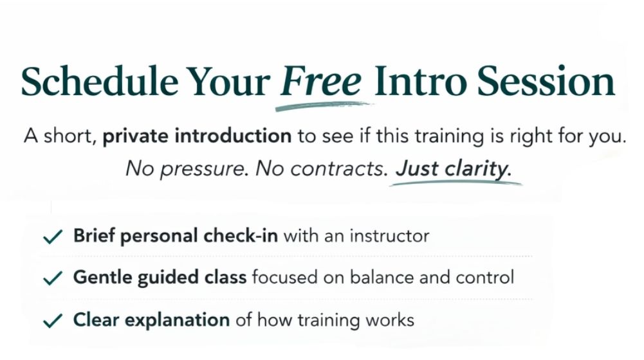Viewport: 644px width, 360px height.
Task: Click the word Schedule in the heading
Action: click(100, 80)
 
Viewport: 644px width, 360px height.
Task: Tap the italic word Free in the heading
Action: click(321, 80)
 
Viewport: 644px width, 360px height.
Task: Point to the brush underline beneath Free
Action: click(324, 106)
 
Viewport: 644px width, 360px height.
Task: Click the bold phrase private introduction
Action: click(197, 136)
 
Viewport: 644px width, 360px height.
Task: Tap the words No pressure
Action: click(187, 168)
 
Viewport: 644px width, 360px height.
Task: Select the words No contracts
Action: click(322, 168)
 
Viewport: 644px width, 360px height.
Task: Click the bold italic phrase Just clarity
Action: click(454, 168)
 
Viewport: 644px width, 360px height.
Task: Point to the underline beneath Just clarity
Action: click(456, 183)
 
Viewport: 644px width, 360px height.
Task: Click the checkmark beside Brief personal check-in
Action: click(53, 237)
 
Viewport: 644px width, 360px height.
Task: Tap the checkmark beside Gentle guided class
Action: click(53, 278)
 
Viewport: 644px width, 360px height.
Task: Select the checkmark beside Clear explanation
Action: click(53, 321)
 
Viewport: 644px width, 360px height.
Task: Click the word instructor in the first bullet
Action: click(389, 236)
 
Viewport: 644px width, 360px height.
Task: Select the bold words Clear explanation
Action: click(151, 320)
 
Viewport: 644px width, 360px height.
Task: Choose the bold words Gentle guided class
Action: click(160, 278)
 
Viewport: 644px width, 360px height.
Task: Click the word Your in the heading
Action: click(228, 80)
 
